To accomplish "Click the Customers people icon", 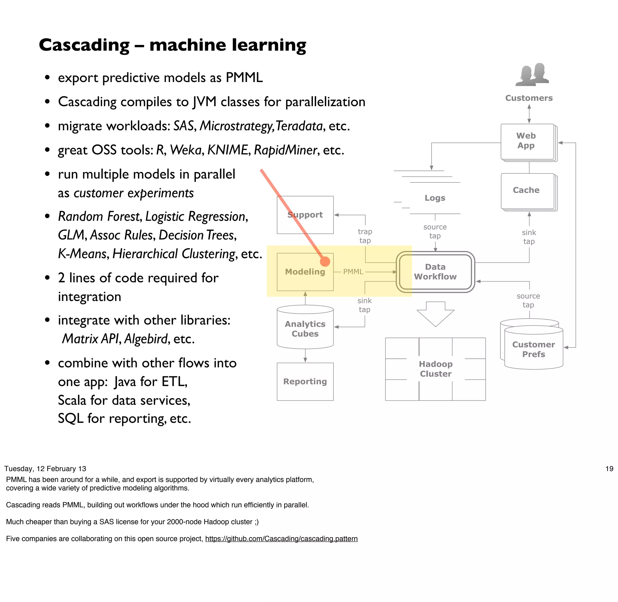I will tap(532, 75).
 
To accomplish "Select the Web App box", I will tap(527, 141).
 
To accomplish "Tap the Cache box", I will tap(527, 191).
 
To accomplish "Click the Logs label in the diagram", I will tap(435, 198).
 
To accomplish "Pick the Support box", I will tap(305, 215).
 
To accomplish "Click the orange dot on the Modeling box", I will tap(325, 261).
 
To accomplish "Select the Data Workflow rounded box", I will tap(435, 272).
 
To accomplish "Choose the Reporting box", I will tap(305, 382).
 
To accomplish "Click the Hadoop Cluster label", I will tap(435, 369).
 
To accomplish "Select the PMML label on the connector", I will tap(353, 272).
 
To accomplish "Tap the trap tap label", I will tap(365, 236).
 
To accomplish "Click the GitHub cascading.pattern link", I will tap(281, 538).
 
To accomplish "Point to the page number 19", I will tap(609, 469).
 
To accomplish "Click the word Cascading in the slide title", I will tap(84, 45).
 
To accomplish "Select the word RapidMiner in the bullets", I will tap(285, 150).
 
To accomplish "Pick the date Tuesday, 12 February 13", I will tap(45, 469).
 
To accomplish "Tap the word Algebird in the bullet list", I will tap(146, 339).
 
